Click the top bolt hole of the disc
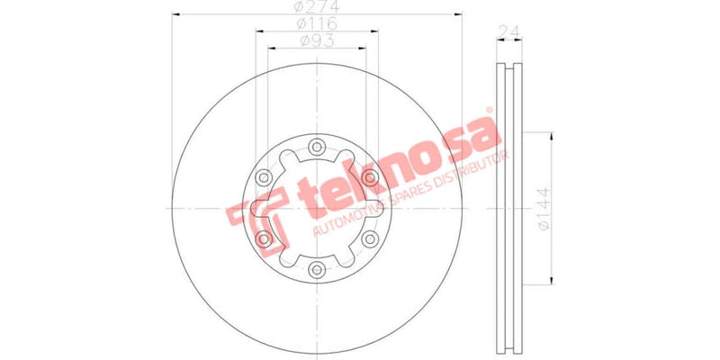tap(317, 147)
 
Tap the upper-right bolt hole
tap(369, 176)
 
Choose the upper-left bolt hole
tap(264, 176)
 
